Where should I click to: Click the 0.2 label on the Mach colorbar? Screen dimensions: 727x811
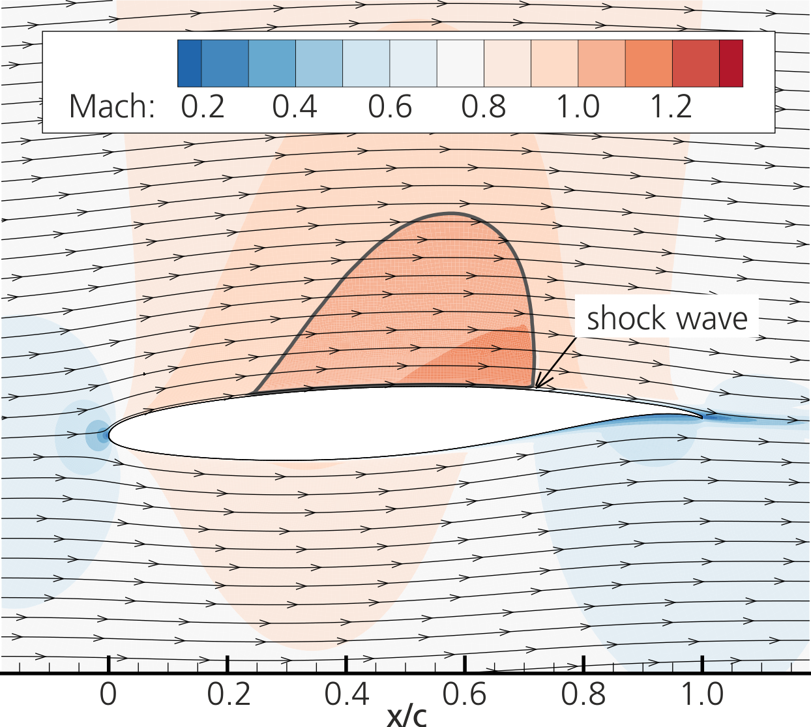tap(203, 106)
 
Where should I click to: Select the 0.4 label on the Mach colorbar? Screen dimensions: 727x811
tap(295, 106)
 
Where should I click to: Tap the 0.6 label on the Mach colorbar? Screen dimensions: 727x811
tap(390, 106)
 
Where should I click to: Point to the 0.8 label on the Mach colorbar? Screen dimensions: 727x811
tap(484, 106)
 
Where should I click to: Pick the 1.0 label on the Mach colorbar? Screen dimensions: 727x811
tap(578, 106)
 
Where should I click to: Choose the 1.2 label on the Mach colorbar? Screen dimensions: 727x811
tap(671, 106)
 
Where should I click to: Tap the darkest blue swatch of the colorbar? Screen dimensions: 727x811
tap(189, 63)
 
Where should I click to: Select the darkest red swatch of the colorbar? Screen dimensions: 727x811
tap(731, 63)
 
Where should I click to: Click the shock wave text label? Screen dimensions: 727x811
tap(667, 318)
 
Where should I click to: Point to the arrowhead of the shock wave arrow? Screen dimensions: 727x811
tap(537, 387)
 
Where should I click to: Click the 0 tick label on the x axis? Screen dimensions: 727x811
tap(108, 694)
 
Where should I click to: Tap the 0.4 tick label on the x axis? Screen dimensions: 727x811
tap(347, 694)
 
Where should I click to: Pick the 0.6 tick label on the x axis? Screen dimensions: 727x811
tap(465, 694)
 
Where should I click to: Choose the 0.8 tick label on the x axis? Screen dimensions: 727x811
tap(583, 694)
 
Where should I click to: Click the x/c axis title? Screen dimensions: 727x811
tap(406, 715)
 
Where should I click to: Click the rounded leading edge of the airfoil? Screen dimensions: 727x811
tap(110, 433)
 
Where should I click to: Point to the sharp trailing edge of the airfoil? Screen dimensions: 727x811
tap(702, 417)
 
